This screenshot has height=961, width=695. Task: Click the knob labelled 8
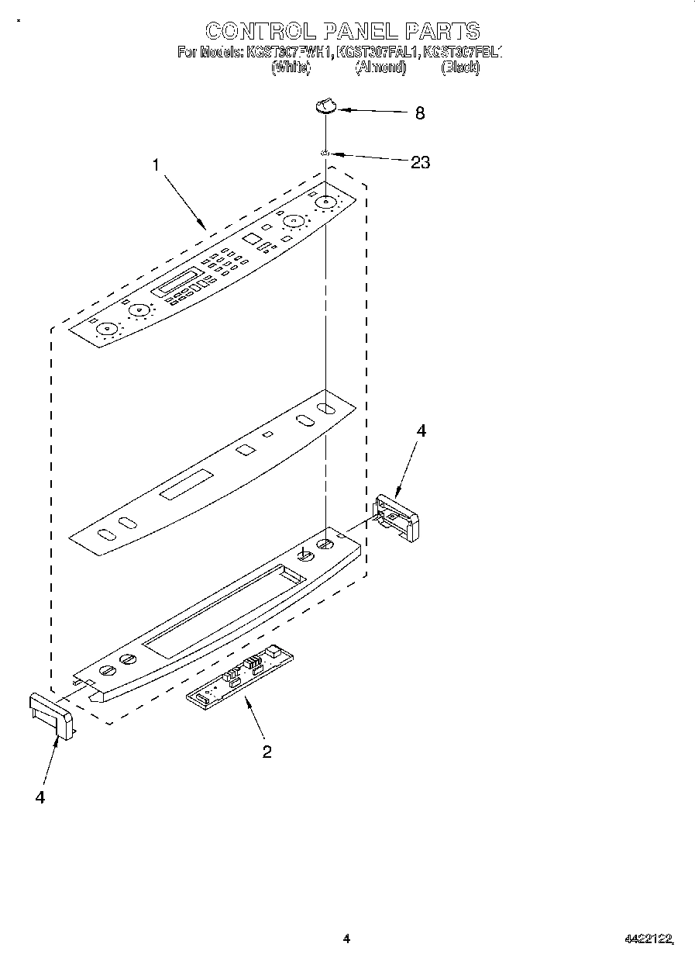pyautogui.click(x=326, y=106)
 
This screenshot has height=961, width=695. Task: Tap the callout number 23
pyautogui.click(x=420, y=163)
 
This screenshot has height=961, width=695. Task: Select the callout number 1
pyautogui.click(x=157, y=164)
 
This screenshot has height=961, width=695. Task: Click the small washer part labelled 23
pyautogui.click(x=326, y=154)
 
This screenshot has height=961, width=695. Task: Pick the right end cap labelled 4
pyautogui.click(x=396, y=517)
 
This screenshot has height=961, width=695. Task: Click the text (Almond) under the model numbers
pyautogui.click(x=380, y=67)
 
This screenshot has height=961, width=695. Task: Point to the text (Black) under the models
pyautogui.click(x=460, y=67)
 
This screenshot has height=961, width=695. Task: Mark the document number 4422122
pyautogui.click(x=649, y=939)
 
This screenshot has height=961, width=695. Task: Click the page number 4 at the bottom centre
pyautogui.click(x=346, y=939)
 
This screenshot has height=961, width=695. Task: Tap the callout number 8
pyautogui.click(x=420, y=113)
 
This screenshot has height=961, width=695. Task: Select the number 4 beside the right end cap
pyautogui.click(x=421, y=432)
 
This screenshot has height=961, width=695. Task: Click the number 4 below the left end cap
pyautogui.click(x=40, y=797)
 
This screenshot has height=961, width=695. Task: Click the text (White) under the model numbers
pyautogui.click(x=291, y=67)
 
